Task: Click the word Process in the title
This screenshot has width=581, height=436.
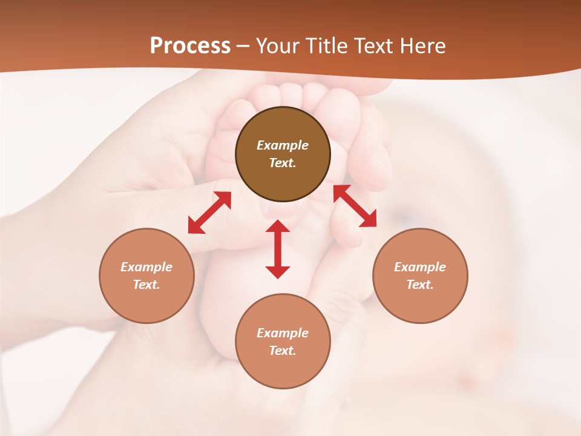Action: (x=190, y=46)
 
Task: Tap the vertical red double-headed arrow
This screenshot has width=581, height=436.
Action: (x=278, y=249)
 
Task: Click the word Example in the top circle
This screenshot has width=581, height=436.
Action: (x=283, y=145)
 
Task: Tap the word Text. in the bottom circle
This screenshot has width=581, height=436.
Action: (x=283, y=351)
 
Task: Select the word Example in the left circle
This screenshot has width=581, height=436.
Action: (x=146, y=267)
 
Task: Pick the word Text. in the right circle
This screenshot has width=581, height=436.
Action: (x=420, y=285)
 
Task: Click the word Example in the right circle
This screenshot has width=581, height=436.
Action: (x=420, y=267)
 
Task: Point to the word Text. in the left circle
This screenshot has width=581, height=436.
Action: (x=146, y=285)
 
